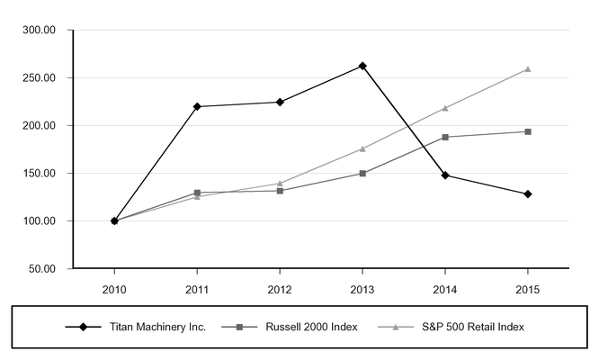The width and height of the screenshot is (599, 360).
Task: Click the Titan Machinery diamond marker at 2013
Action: [x=362, y=66]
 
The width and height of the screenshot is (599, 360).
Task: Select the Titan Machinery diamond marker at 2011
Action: [x=197, y=106]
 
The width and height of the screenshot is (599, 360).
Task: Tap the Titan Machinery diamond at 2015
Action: [x=528, y=194]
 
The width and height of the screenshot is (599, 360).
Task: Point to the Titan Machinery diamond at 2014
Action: [x=445, y=175]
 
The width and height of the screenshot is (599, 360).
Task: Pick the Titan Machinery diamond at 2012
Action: [x=280, y=102]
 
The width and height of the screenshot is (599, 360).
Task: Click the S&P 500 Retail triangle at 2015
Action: [x=528, y=69]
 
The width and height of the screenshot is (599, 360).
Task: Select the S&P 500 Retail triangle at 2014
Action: [x=445, y=108]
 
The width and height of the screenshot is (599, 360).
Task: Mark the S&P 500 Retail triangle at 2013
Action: [x=362, y=148]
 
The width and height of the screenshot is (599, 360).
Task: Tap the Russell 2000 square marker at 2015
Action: [x=528, y=131]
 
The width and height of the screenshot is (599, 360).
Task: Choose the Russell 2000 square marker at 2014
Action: [x=445, y=137]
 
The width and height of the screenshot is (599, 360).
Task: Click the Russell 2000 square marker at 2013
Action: [x=362, y=174]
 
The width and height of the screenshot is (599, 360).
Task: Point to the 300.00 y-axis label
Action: [x=39, y=30]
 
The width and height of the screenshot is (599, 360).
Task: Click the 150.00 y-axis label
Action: [x=39, y=173]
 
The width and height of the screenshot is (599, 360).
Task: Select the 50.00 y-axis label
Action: [x=42, y=269]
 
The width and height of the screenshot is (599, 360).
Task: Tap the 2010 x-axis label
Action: [x=114, y=290]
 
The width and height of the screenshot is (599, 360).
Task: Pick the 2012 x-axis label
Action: [x=280, y=290]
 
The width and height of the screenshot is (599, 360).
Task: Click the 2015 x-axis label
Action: [x=528, y=290]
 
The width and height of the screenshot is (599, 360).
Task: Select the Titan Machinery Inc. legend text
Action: [x=157, y=327]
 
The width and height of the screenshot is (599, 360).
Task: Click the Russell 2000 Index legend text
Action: [x=312, y=327]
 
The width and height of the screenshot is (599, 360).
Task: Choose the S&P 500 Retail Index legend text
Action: [x=473, y=327]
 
